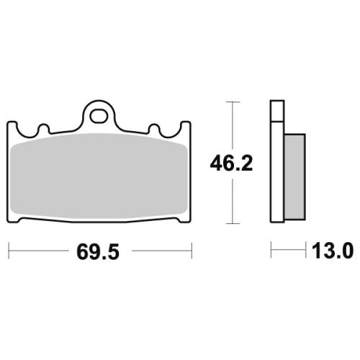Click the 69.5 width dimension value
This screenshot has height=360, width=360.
pyautogui.click(x=98, y=252)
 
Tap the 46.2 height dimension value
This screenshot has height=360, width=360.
pyautogui.click(x=231, y=163)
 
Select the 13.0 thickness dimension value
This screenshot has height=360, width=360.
pyautogui.click(x=333, y=251)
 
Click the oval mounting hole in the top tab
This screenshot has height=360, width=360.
pyautogui.click(x=99, y=117)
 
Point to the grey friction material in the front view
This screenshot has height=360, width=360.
pyautogui.click(x=99, y=176)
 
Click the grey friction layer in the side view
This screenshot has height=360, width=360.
pyautogui.click(x=294, y=177)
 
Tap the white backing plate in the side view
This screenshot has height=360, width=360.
pyautogui.click(x=277, y=171)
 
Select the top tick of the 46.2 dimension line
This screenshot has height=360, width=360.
pyautogui.click(x=233, y=102)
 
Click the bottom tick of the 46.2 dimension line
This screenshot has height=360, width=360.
pyautogui.click(x=233, y=223)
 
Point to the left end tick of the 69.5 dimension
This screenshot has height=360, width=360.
pyautogui.click(x=9, y=251)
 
